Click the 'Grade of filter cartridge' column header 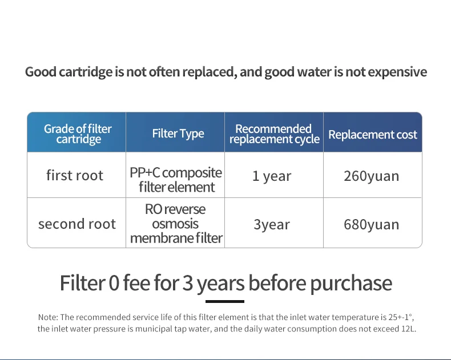click(78, 134)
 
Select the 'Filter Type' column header click(178, 134)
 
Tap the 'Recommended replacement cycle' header click(275, 134)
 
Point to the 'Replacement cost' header click(373, 135)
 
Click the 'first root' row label click(75, 175)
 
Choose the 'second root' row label click(77, 224)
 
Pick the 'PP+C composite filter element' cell click(176, 180)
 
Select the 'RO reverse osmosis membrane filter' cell click(176, 224)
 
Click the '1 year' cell click(272, 176)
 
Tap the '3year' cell click(272, 224)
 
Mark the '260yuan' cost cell click(371, 176)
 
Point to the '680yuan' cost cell click(371, 224)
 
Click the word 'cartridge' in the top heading click(86, 72)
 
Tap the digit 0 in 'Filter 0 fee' click(114, 283)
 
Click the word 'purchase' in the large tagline click(351, 284)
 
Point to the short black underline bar click(225, 301)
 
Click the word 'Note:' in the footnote click(48, 317)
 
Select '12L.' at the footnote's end click(409, 329)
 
